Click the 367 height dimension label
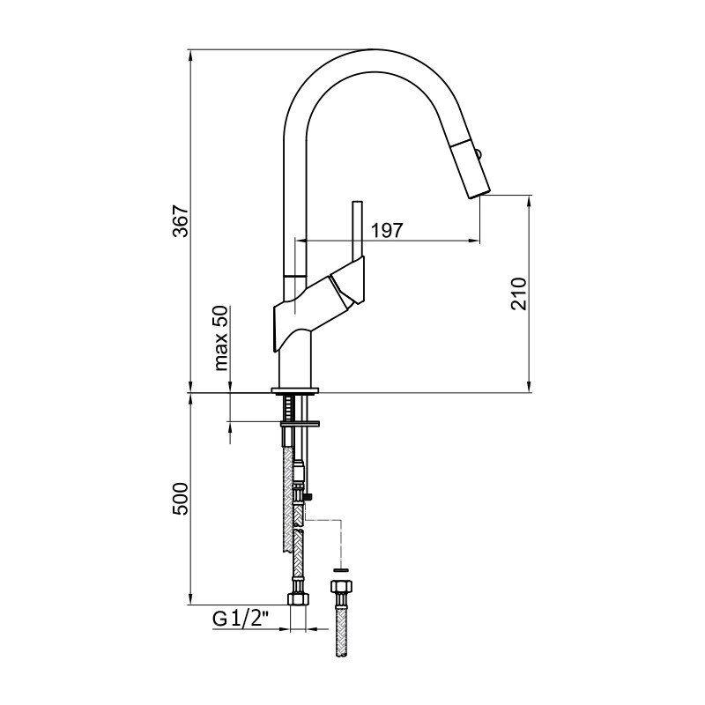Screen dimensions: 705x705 [181, 222]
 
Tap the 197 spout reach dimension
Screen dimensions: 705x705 [387, 231]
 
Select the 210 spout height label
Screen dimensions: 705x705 [518, 293]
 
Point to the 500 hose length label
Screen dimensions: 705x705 [181, 499]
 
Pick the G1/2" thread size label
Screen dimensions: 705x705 [241, 620]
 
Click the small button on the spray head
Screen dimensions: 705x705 [480, 155]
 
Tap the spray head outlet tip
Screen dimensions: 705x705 [479, 193]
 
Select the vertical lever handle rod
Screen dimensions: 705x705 [358, 230]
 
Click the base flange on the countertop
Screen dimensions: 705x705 [296, 390]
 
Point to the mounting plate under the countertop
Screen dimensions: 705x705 [300, 424]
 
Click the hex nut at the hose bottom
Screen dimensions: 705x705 [298, 599]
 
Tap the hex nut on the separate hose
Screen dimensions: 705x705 [342, 586]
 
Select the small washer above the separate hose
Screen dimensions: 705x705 [342, 569]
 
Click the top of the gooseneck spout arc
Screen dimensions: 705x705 [371, 49]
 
